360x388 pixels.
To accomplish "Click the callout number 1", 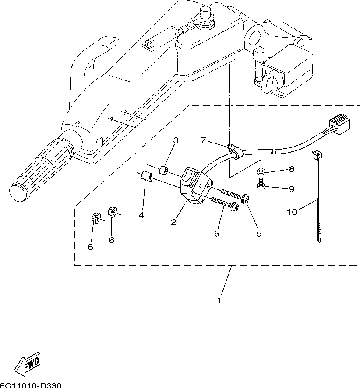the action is coord(219,301).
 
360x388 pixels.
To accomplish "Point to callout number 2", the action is coord(173,222).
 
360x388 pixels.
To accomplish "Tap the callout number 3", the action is coord(176,140).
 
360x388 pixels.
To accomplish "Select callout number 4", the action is coord(141,215).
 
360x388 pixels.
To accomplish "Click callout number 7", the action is coord(203,140).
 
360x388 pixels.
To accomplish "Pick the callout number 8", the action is coord(292,169).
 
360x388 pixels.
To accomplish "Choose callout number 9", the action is coord(292,189).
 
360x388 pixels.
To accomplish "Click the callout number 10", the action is coord(292,212).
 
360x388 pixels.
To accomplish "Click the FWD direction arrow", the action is coord(27,362).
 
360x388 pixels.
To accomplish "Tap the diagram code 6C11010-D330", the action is coord(31,385).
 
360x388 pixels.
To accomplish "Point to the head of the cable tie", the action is coord(317,155).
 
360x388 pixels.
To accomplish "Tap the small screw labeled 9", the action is coord(261,184).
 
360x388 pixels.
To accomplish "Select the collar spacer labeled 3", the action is coord(164,171).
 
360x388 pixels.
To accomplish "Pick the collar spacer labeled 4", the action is coord(146,176).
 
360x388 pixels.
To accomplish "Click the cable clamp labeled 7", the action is coord(235,151).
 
